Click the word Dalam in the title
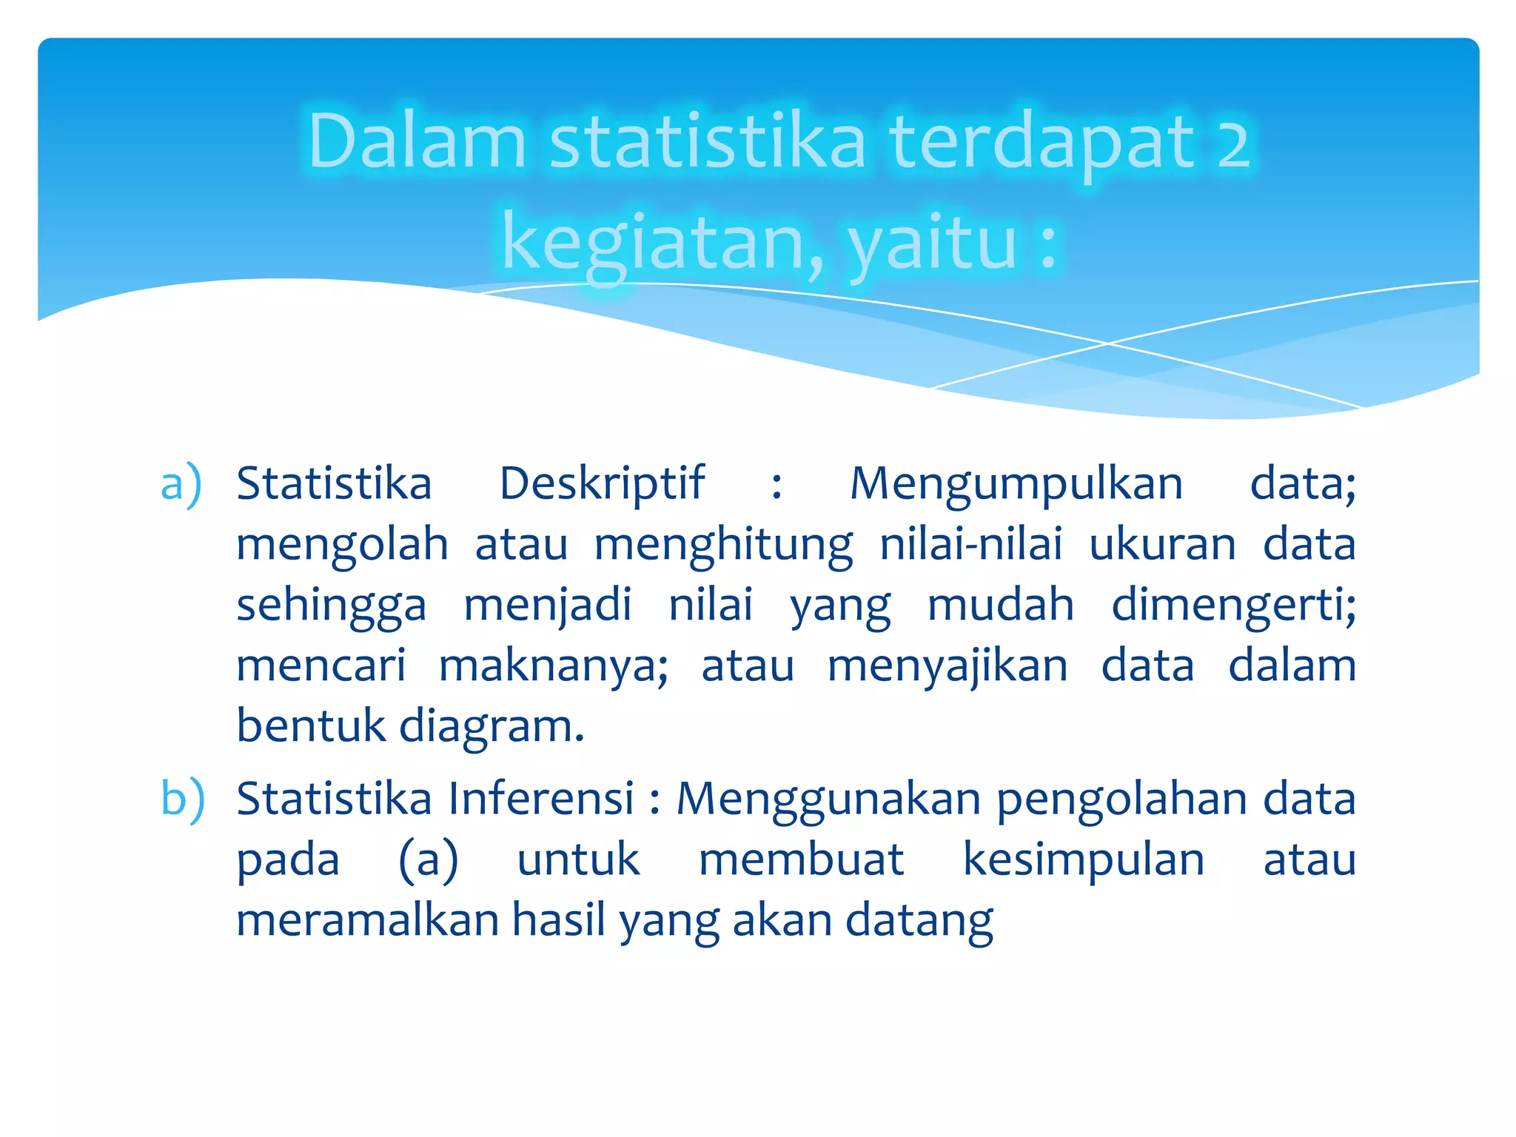[x=417, y=141]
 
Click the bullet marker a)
[x=181, y=484]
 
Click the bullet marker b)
[x=182, y=799]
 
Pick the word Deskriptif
[x=602, y=484]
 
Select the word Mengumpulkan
[x=1016, y=484]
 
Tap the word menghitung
[x=723, y=546]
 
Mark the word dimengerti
[x=1233, y=606]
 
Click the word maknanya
[x=553, y=666]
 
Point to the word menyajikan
[x=947, y=666]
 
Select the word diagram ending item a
[x=492, y=727]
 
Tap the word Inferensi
[x=541, y=799]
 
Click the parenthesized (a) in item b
[x=429, y=861]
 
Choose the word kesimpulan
[x=1084, y=861]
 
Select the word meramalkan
[x=367, y=921]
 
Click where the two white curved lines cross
[x=1108, y=343]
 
